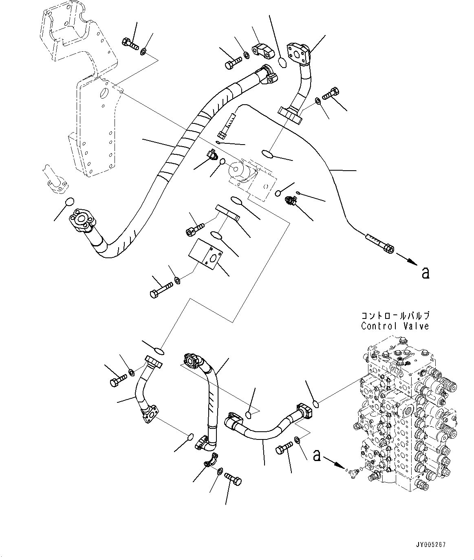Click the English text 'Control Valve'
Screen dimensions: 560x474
pyautogui.click(x=395, y=326)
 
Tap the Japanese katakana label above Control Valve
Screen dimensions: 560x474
pyautogui.click(x=395, y=316)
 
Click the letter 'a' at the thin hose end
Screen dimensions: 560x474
pyautogui.click(x=425, y=273)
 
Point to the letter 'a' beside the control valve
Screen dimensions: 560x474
pyautogui.click(x=316, y=456)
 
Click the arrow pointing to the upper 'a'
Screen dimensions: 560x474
pyautogui.click(x=407, y=259)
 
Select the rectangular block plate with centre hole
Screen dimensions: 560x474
pyautogui.click(x=206, y=257)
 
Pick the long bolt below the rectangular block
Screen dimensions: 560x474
pyautogui.click(x=161, y=290)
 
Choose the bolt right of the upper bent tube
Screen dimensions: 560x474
pyautogui.click(x=331, y=94)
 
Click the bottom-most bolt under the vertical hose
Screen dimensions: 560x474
pyautogui.click(x=233, y=480)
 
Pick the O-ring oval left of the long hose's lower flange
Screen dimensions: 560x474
pyautogui.click(x=70, y=202)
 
